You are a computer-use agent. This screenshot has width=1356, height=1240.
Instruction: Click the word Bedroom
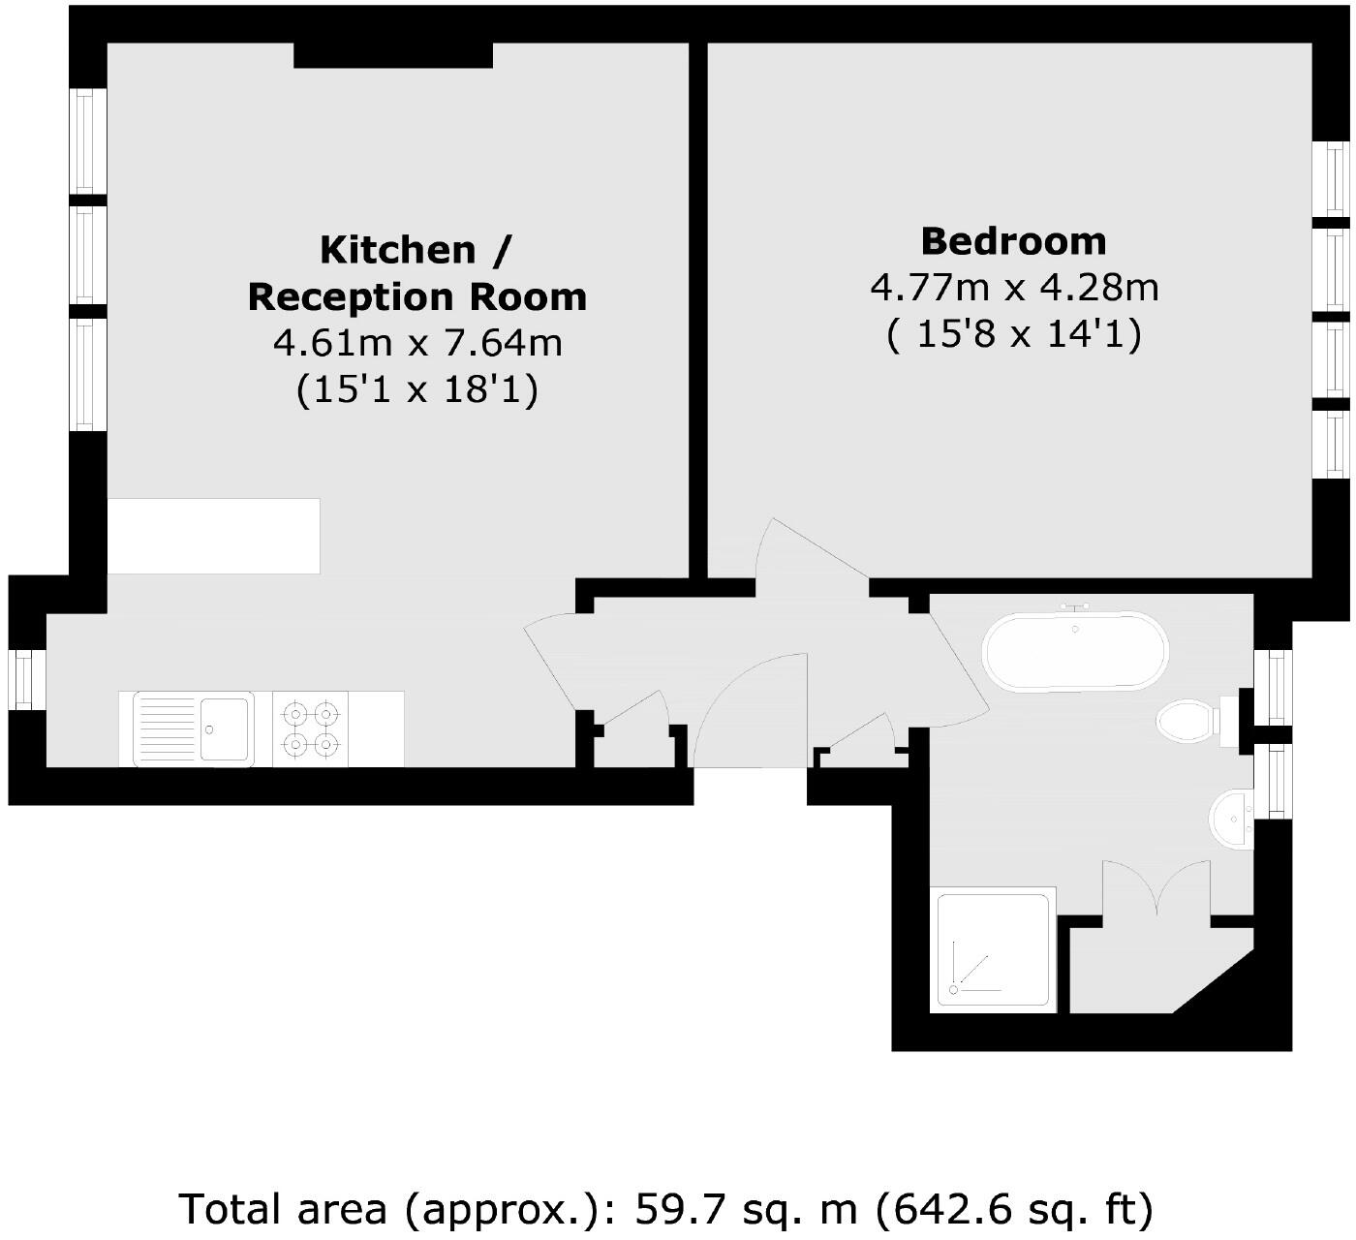1013,240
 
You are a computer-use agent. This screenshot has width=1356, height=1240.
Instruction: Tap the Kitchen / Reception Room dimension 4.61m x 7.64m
417,343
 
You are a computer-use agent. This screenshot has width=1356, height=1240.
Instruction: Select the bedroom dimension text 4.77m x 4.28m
1014,288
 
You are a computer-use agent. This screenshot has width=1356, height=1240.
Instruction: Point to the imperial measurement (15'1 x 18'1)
417,389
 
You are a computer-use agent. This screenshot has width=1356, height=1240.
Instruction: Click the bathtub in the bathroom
1075,651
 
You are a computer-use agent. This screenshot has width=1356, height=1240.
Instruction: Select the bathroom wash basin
1232,820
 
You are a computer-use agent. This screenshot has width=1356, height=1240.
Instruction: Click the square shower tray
992,951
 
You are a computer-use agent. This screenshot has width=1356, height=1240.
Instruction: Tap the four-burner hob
310,728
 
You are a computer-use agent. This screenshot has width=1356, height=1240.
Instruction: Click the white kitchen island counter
213,536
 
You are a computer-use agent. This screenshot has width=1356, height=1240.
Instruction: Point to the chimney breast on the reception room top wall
393,55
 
